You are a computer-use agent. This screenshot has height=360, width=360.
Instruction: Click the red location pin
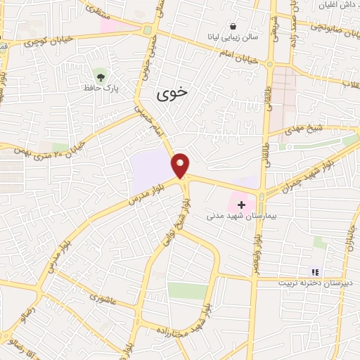[x=181, y=165]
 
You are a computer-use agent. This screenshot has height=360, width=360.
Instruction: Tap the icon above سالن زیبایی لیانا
[x=233, y=25]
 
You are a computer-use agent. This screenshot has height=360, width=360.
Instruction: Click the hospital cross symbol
[x=242, y=204]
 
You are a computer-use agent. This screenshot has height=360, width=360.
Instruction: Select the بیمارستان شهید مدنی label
[x=234, y=216]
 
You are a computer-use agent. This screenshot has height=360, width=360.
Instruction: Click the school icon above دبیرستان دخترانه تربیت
[x=315, y=271]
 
